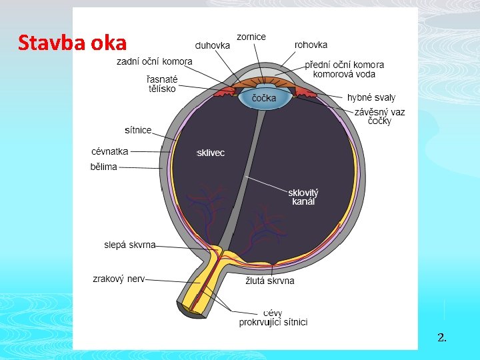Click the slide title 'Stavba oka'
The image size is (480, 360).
point(72,43)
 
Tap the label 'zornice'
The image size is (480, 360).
point(251,37)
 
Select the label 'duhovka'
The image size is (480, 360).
point(213,46)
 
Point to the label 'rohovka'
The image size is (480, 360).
point(311,45)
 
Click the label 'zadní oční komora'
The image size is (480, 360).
point(155,61)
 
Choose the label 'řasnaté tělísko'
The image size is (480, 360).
point(161,84)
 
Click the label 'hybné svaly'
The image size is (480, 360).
point(371,98)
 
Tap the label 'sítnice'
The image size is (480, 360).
point(138,129)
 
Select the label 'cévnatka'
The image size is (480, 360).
point(110,151)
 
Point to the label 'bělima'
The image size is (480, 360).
point(103,167)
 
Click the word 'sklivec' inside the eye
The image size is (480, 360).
point(211,153)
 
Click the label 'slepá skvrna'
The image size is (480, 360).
point(130,245)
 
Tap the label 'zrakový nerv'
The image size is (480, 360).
point(119,279)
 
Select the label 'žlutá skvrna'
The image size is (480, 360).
point(270,281)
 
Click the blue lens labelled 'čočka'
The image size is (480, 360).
point(263,99)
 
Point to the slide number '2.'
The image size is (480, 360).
point(442,337)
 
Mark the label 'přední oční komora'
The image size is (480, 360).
point(345,65)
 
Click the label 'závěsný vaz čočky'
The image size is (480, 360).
point(379,117)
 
